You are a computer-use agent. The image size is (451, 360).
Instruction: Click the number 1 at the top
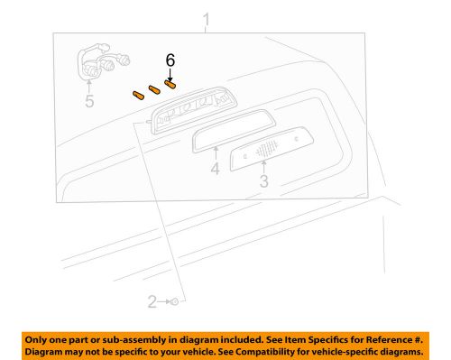[207, 19]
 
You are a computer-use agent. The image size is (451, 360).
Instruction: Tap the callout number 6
[169, 60]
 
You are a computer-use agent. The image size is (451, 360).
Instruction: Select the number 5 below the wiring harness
[89, 102]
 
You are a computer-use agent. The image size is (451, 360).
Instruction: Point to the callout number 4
[216, 169]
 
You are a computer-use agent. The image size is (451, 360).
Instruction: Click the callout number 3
[263, 181]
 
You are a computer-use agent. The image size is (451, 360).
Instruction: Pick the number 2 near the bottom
[152, 300]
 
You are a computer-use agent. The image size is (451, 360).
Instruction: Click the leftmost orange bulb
[139, 93]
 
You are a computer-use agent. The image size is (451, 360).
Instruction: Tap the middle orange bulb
[154, 88]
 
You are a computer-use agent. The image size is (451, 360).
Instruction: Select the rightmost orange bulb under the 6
[170, 84]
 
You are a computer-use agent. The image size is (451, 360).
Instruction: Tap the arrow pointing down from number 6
[169, 73]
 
